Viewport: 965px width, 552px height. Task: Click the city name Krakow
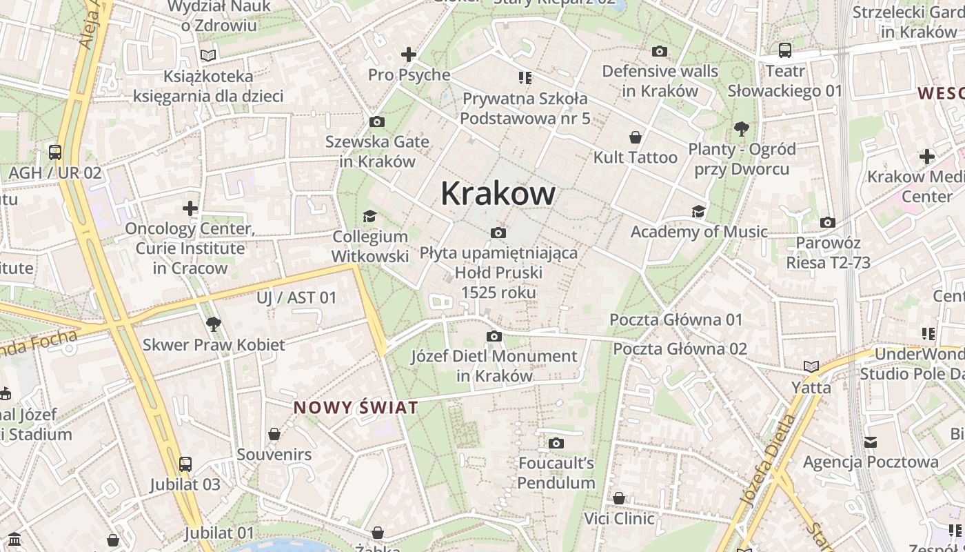coord(498,193)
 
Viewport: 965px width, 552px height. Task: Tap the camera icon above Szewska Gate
coord(377,122)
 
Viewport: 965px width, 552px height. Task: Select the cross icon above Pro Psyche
coord(409,54)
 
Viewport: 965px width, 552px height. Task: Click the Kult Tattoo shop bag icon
coord(636,137)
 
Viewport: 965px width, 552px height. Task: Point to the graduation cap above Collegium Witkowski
coord(370,217)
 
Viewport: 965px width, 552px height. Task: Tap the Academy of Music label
coord(699,232)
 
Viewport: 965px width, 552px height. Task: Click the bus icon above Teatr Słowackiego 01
coord(784,50)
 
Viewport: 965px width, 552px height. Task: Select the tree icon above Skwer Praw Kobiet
coord(214,324)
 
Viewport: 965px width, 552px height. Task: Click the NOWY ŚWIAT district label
coord(356,408)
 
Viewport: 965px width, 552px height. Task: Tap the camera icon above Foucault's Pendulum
coord(556,443)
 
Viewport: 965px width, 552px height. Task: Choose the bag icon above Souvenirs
coord(274,434)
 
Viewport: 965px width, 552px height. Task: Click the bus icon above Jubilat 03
coord(185,464)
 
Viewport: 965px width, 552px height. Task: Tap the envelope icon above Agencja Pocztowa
coord(871,442)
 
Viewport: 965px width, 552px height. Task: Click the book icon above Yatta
coord(811,366)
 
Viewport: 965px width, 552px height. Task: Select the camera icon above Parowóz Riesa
coord(828,222)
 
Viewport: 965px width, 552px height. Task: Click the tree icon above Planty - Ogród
coord(742,128)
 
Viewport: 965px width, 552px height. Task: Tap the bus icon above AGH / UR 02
coord(55,152)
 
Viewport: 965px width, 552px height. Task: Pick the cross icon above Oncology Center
coord(190,208)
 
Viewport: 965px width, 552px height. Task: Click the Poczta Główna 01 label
coord(676,319)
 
